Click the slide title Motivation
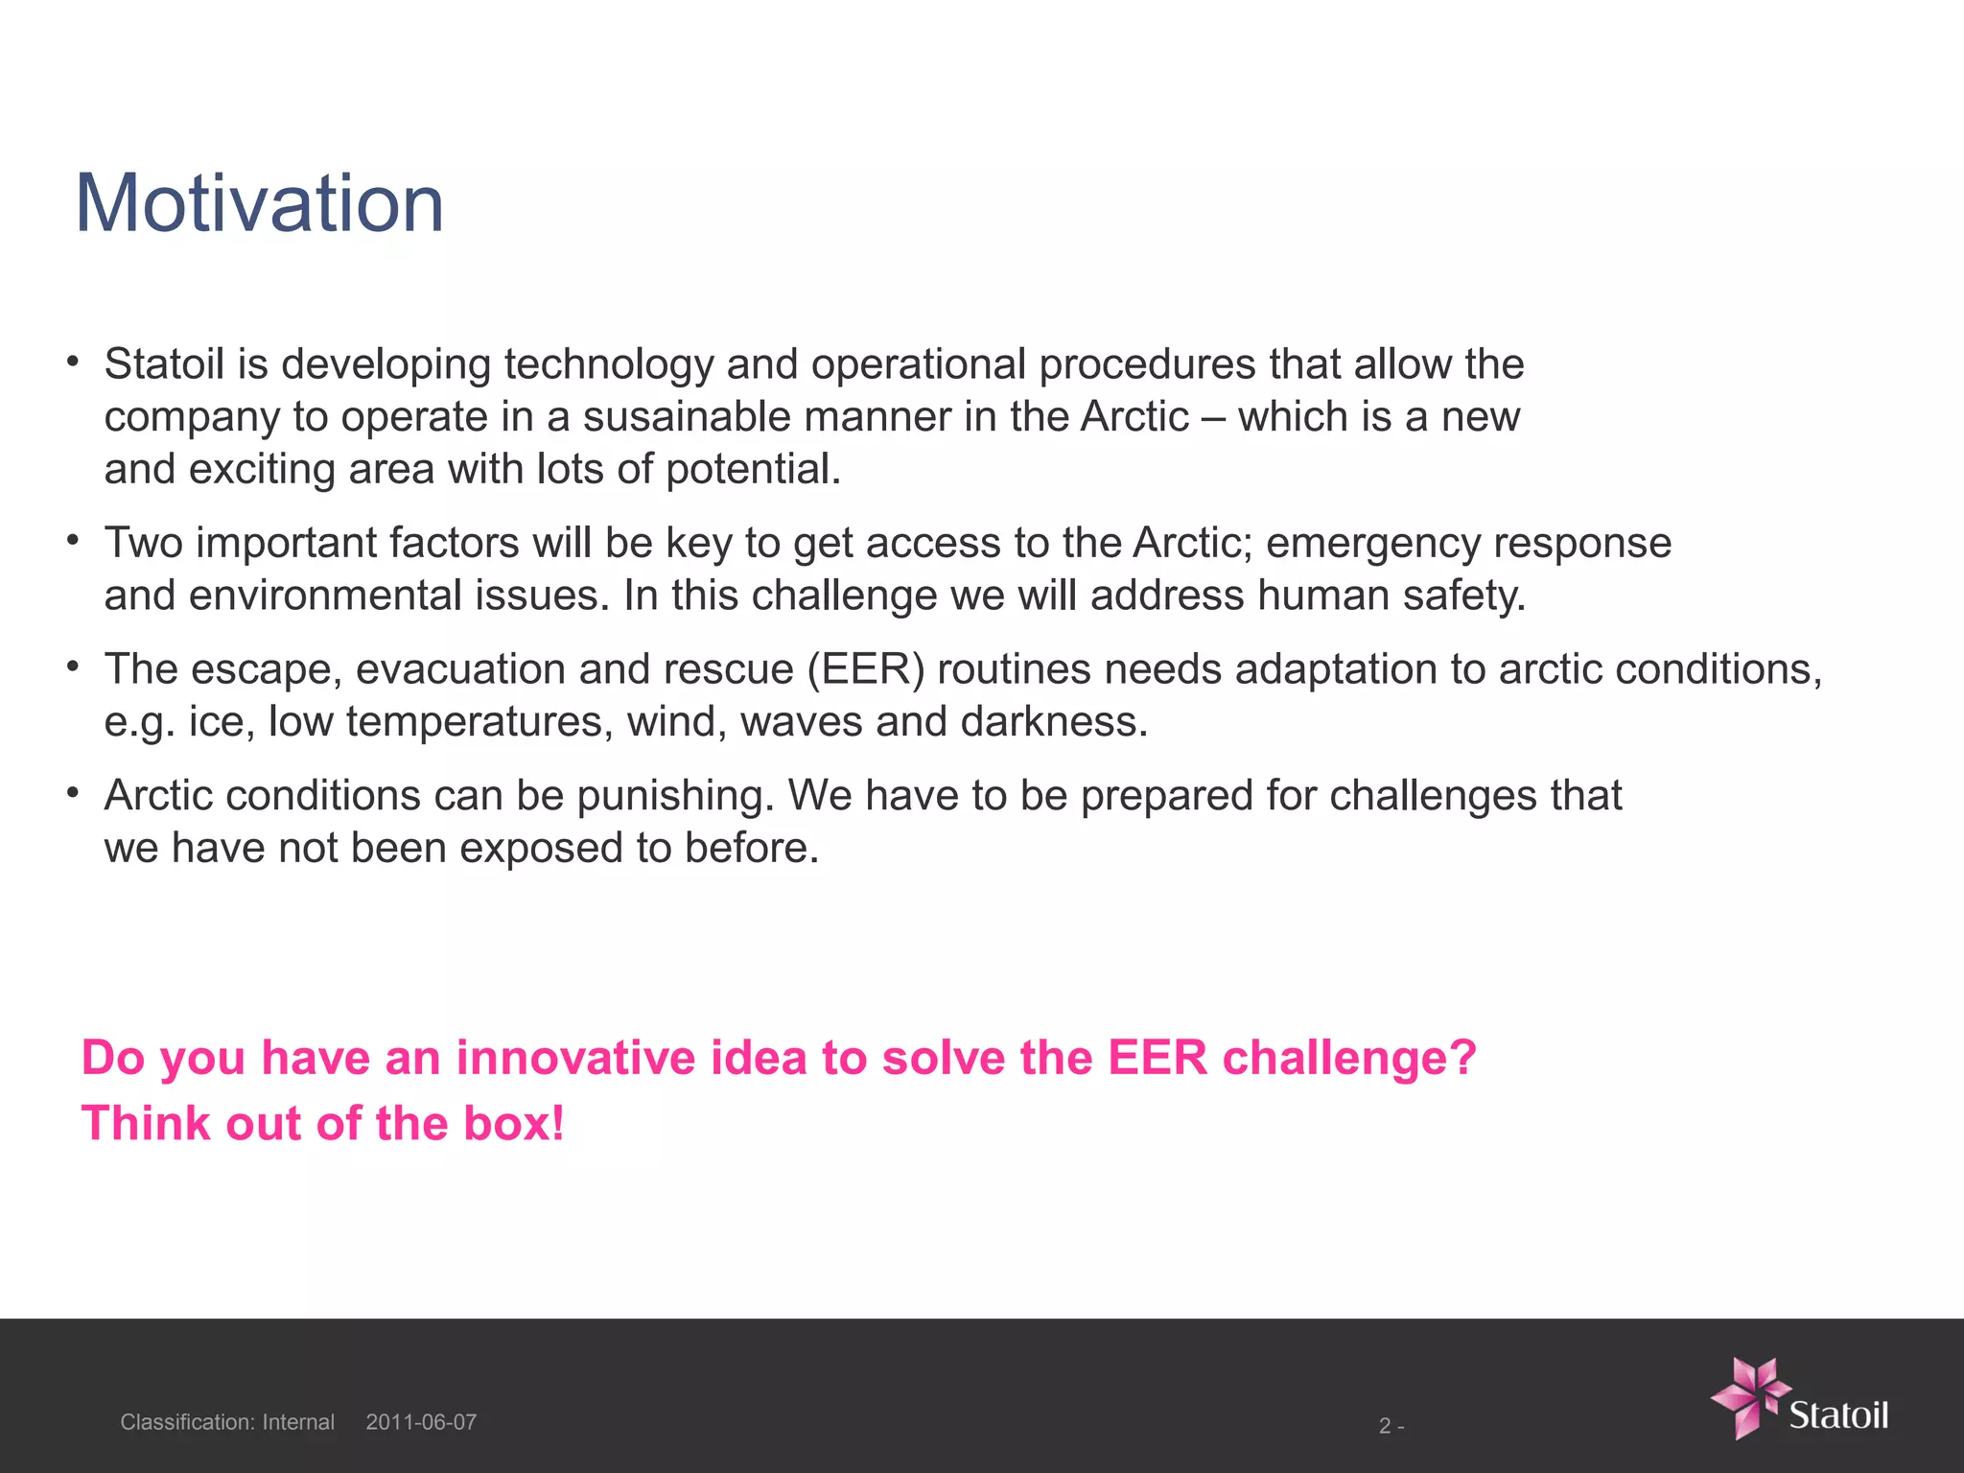click(x=259, y=203)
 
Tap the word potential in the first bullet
click(x=752, y=470)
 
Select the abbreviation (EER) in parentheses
click(x=865, y=669)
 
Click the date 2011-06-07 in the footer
click(x=421, y=1422)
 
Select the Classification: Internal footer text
click(x=227, y=1422)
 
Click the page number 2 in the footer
click(x=1385, y=1426)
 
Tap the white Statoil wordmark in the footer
click(x=1837, y=1415)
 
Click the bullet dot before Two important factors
click(x=72, y=540)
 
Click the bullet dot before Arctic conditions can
click(x=72, y=793)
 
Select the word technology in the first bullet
click(x=608, y=365)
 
